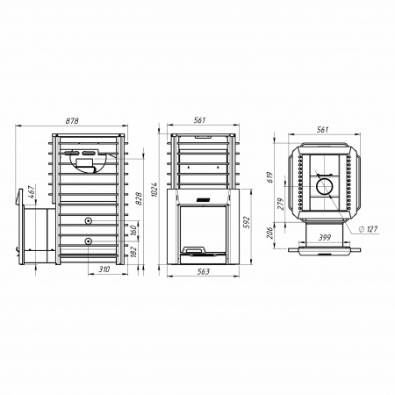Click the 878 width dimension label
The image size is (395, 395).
[x=72, y=121]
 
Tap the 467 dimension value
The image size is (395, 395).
[x=32, y=191]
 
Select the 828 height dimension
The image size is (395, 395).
[x=139, y=198]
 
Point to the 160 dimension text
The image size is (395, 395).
[x=133, y=231]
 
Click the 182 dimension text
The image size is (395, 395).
[x=133, y=252]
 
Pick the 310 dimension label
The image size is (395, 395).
[x=104, y=269]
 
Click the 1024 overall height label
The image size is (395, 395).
[x=154, y=190]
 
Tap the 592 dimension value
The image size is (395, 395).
[x=248, y=222]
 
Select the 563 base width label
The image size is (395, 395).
[x=204, y=272]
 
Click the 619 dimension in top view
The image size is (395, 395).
[x=270, y=177]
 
